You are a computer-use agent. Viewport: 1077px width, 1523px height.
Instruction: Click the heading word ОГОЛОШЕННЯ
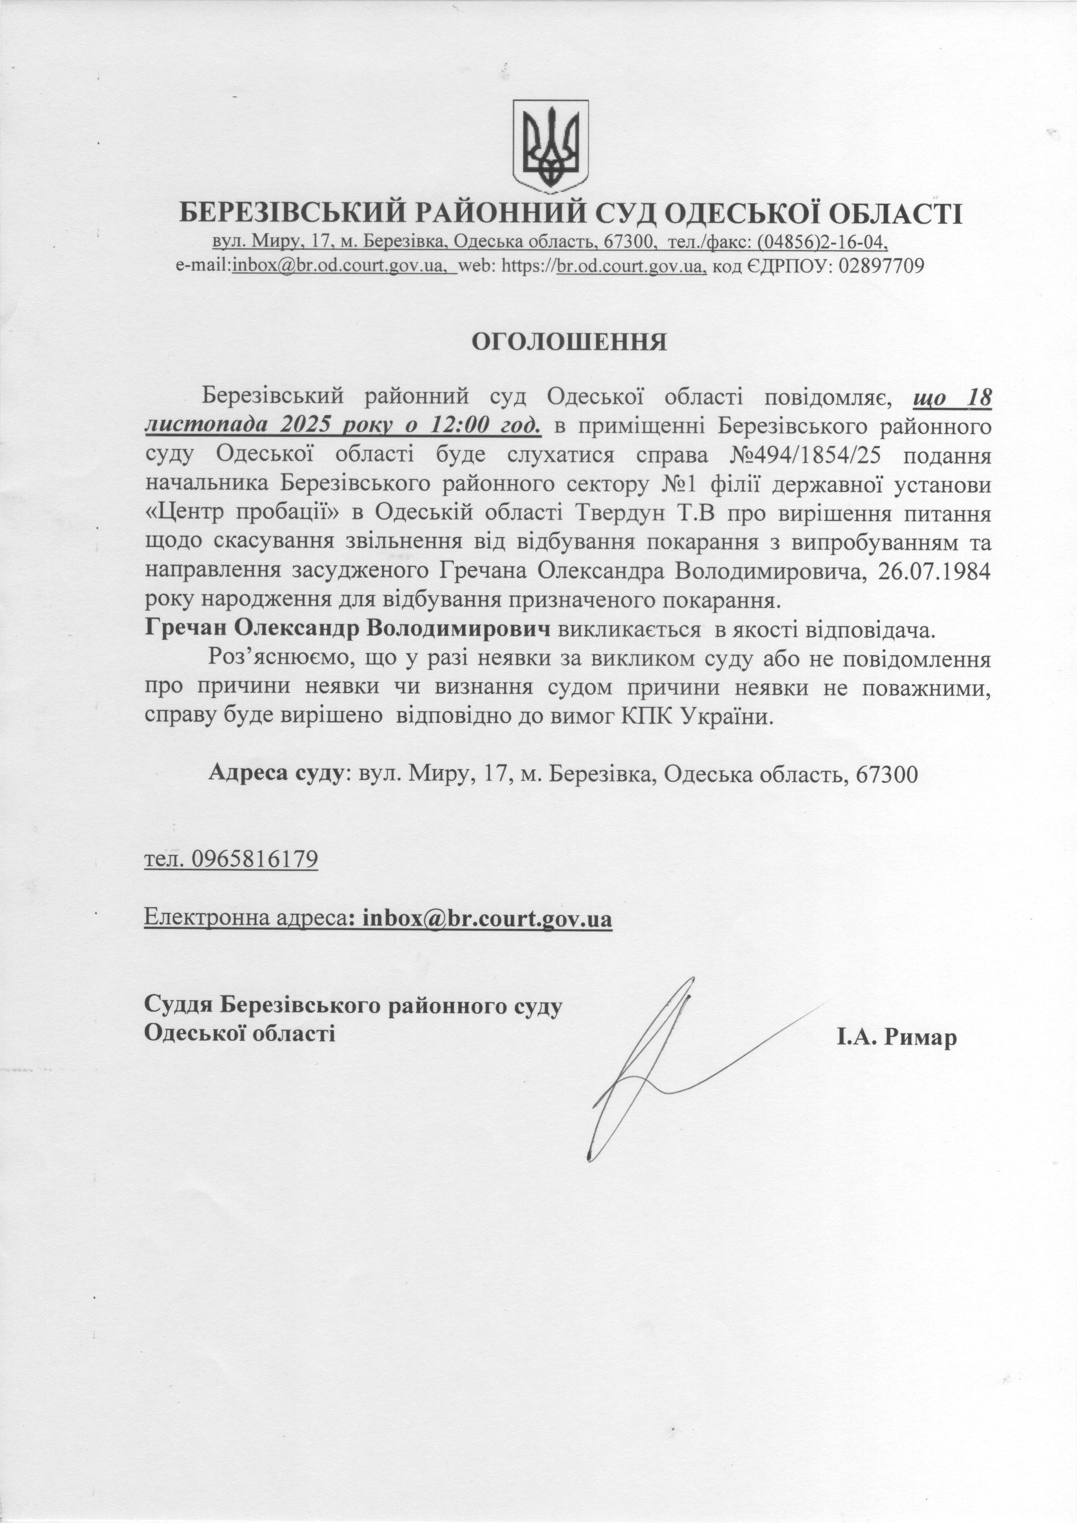point(568,342)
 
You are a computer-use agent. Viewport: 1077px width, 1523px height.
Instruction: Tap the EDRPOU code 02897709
point(882,267)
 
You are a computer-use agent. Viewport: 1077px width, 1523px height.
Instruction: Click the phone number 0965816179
point(254,860)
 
